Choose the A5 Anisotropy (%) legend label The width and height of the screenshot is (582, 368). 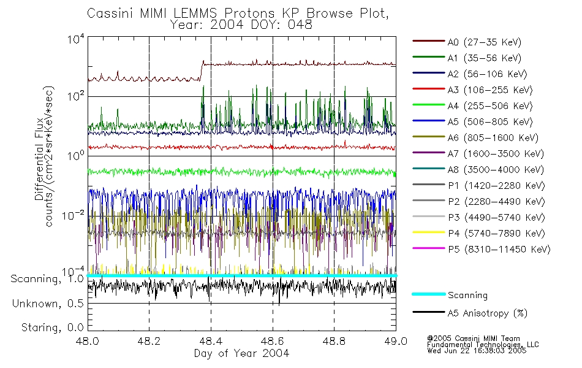pos(487,313)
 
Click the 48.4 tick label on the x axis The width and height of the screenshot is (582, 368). pos(211,342)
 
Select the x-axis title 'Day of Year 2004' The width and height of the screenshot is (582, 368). pos(241,353)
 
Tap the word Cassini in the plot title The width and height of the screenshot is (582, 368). pos(108,13)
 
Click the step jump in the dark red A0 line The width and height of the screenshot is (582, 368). pos(202,70)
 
